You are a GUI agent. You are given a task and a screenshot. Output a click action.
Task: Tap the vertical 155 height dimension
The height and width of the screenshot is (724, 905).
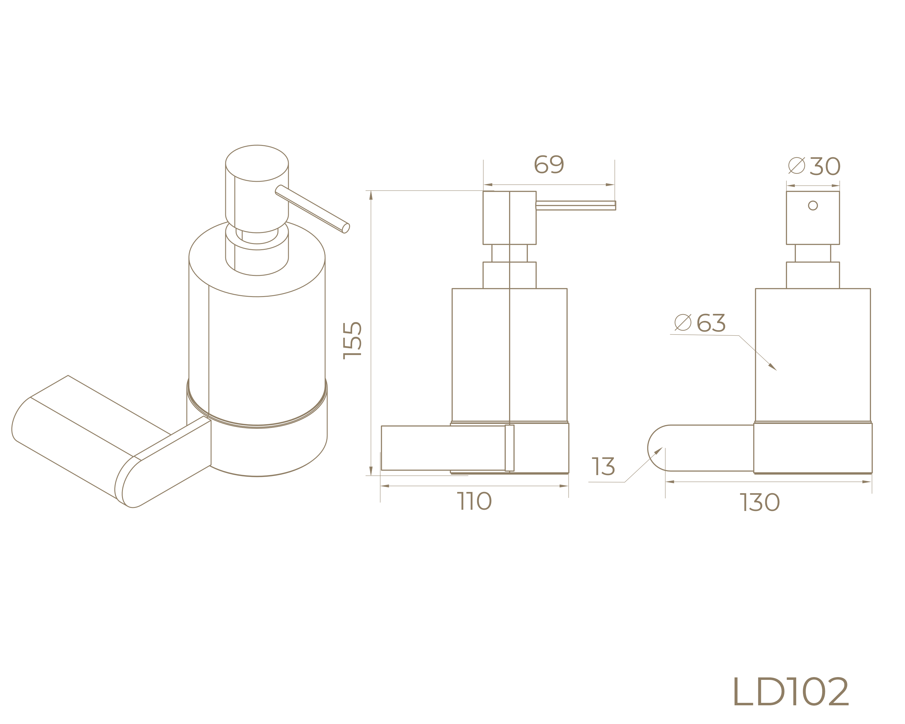click(x=352, y=340)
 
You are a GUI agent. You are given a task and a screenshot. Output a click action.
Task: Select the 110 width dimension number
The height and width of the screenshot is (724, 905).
click(x=474, y=501)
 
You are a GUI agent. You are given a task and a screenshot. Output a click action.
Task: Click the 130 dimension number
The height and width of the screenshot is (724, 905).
click(x=760, y=502)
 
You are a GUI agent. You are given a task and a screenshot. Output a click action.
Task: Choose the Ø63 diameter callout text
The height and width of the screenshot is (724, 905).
click(x=700, y=323)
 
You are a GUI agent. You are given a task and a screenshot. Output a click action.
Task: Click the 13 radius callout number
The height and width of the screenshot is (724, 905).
click(x=603, y=467)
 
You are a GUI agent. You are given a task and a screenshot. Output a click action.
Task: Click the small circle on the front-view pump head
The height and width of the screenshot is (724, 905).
click(x=813, y=206)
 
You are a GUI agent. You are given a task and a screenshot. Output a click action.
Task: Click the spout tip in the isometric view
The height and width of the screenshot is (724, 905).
click(x=346, y=228)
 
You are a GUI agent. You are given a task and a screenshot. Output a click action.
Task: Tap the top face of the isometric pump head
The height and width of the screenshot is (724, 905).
click(x=257, y=163)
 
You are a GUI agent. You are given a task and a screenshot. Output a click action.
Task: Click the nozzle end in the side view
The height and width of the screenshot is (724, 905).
click(x=614, y=206)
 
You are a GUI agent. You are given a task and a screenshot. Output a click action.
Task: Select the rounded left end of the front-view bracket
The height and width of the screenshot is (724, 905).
click(x=655, y=448)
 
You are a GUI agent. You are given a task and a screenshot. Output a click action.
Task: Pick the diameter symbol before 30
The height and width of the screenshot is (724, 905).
click(x=796, y=166)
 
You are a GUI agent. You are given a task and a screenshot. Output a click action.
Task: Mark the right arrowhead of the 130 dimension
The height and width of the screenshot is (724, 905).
click(x=868, y=482)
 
